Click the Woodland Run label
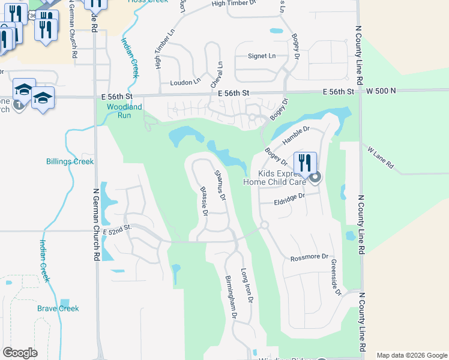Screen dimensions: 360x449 [x=125, y=111]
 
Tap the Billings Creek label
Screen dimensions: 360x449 [x=70, y=161]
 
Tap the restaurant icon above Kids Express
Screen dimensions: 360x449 [x=305, y=163]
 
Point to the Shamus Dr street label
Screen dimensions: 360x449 [x=220, y=185]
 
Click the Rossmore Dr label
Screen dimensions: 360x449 [x=309, y=258]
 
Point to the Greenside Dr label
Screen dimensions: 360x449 [x=336, y=275]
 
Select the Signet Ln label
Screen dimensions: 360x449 [x=262, y=56]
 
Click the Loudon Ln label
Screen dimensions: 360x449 [x=185, y=82]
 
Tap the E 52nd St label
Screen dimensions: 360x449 [x=116, y=232]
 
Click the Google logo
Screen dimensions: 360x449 [x=20, y=353]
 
